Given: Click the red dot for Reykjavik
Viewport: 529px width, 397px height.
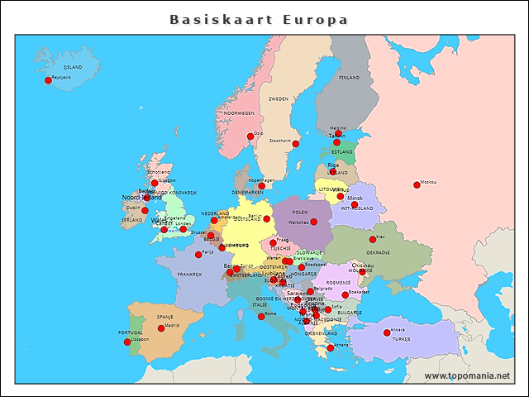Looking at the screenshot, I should click(48, 80).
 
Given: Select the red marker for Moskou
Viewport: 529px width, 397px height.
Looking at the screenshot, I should click(417, 185).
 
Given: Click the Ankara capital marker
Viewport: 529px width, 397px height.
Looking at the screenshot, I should click(387, 332).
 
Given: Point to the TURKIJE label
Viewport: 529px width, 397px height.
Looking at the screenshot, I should click(401, 339).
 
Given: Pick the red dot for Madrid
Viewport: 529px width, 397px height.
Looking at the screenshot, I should click(161, 328).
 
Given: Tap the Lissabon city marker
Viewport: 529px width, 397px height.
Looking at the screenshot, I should click(127, 342).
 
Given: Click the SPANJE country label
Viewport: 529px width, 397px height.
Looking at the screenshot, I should click(165, 317).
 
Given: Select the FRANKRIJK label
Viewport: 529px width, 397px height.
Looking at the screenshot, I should click(189, 275).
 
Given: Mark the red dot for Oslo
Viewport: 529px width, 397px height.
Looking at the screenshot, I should click(250, 136).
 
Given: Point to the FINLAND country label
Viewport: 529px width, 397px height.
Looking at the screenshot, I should click(349, 77).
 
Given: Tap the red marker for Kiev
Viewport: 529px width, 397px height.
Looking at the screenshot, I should click(373, 239).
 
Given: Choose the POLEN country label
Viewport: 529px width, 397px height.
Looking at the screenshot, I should click(300, 212).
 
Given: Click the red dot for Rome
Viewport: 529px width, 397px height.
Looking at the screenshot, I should click(261, 317).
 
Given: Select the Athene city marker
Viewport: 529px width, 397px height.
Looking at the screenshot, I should click(331, 348).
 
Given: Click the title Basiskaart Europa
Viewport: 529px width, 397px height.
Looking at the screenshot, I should click(259, 19).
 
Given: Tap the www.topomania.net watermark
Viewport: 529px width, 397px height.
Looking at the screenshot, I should click(467, 375).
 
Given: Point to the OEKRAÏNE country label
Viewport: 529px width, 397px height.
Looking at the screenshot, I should click(379, 252).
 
